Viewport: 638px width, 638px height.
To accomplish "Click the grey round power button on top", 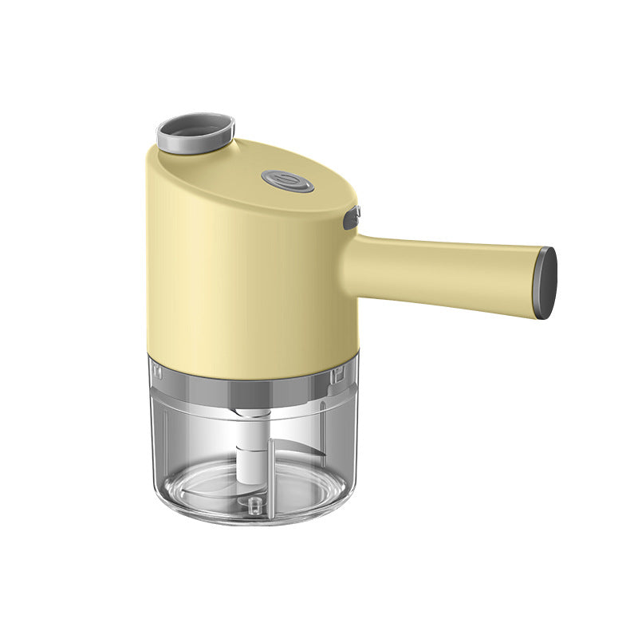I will tap(288, 182).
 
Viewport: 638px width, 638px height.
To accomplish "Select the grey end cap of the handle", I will tap(546, 282).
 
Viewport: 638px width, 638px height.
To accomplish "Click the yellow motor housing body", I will tap(239, 271).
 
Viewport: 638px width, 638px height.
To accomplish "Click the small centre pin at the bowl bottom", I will tap(254, 505).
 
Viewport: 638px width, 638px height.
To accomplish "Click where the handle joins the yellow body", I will tap(351, 255).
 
